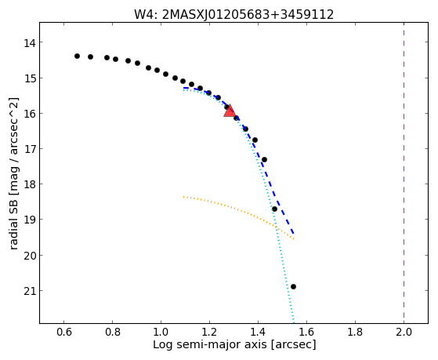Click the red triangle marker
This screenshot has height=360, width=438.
230,111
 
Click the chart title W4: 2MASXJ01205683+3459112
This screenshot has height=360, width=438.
233,15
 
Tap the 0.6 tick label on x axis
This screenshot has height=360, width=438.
63,332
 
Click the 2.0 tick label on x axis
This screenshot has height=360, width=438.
404,332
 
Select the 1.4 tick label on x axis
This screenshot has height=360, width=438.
258,332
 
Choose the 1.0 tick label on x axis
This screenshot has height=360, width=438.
161,332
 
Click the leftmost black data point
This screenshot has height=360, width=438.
77,56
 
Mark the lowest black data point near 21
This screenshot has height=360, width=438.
293,287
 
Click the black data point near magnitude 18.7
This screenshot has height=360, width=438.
274,209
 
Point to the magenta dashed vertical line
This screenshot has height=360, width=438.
404,173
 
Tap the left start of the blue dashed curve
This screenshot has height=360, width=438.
183,88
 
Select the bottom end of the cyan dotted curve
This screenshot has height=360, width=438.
293,322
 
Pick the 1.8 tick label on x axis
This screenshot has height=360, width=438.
355,332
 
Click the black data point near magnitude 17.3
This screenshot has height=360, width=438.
264,160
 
